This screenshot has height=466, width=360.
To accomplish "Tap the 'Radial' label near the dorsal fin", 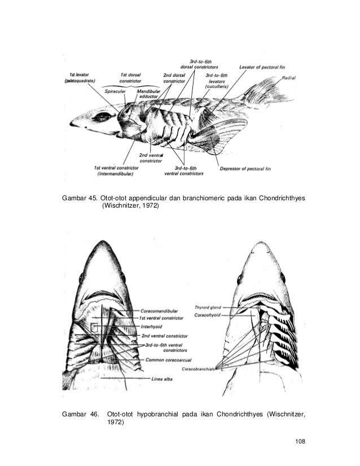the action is coord(289,77).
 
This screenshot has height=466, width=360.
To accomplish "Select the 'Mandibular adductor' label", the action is coord(148,93).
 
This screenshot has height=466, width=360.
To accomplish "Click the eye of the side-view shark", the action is coord(102,117).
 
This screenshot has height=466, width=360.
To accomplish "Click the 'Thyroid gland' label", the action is coord(206,307).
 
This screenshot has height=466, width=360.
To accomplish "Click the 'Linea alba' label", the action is coord(162,379).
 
